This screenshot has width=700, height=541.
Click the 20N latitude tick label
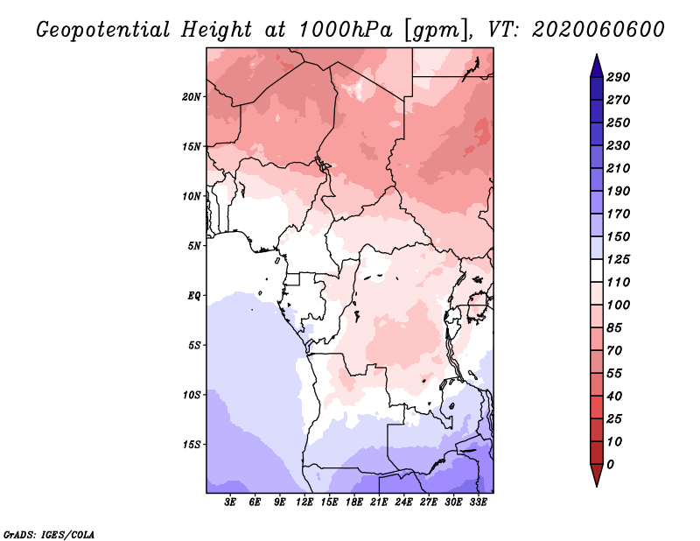pyautogui.click(x=192, y=97)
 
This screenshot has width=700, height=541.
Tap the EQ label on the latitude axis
pyautogui.click(x=194, y=296)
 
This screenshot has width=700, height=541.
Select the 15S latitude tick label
pyautogui.click(x=192, y=445)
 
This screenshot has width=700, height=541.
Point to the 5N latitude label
pyautogui.click(x=194, y=246)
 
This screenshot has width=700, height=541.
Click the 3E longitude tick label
pyautogui.click(x=230, y=502)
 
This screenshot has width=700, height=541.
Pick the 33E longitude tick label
pyautogui.click(x=478, y=502)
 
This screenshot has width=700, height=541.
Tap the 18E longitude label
pyautogui.click(x=354, y=502)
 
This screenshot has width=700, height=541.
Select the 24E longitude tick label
pyautogui.click(x=403, y=502)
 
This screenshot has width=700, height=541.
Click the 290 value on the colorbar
pyautogui.click(x=618, y=77)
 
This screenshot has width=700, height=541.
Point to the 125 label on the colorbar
pyautogui.click(x=618, y=259)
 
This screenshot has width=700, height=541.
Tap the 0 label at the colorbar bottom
pyautogui.click(x=610, y=465)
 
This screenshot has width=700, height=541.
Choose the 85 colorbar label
pyautogui.click(x=614, y=328)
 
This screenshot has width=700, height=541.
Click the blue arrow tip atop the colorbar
pyautogui.click(x=597, y=55)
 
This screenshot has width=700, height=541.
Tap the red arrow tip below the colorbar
pyautogui.click(x=597, y=485)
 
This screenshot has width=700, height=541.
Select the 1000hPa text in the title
pyautogui.click(x=345, y=30)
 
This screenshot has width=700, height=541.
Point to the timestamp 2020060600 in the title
pyautogui.click(x=598, y=30)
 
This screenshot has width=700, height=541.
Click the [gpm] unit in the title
pyautogui.click(x=438, y=31)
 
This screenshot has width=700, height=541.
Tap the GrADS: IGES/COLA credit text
pyautogui.click(x=49, y=534)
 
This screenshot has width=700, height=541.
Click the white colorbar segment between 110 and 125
pyautogui.click(x=597, y=270)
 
